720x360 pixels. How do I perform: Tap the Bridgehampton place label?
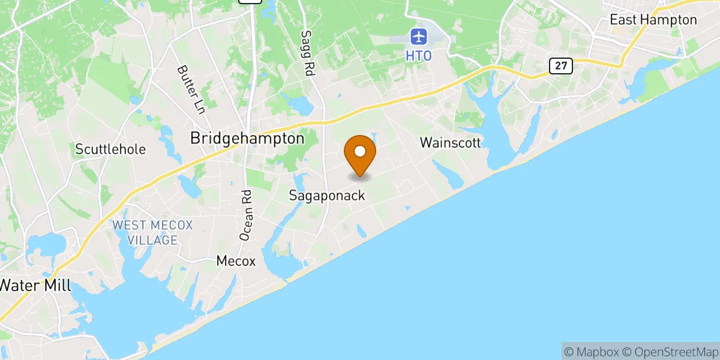pos(247,138)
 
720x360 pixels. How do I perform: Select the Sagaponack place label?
pos(327,195)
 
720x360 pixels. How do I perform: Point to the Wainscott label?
pos(451,143)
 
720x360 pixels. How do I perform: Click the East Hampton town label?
pos(653,20)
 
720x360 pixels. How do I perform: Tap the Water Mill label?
pos(35,286)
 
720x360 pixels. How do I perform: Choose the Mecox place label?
pos(236,261)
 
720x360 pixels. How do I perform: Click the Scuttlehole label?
pos(110,149)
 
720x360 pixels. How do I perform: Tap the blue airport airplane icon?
pos(418,37)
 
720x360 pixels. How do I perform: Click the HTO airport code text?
pos(418,55)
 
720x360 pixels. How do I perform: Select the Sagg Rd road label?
pos(308,53)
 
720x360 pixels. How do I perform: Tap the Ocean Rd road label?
pos(247,216)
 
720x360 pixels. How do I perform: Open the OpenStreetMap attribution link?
pos(670,350)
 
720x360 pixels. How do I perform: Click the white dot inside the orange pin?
pos(360,150)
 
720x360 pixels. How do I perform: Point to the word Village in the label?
pos(152,240)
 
